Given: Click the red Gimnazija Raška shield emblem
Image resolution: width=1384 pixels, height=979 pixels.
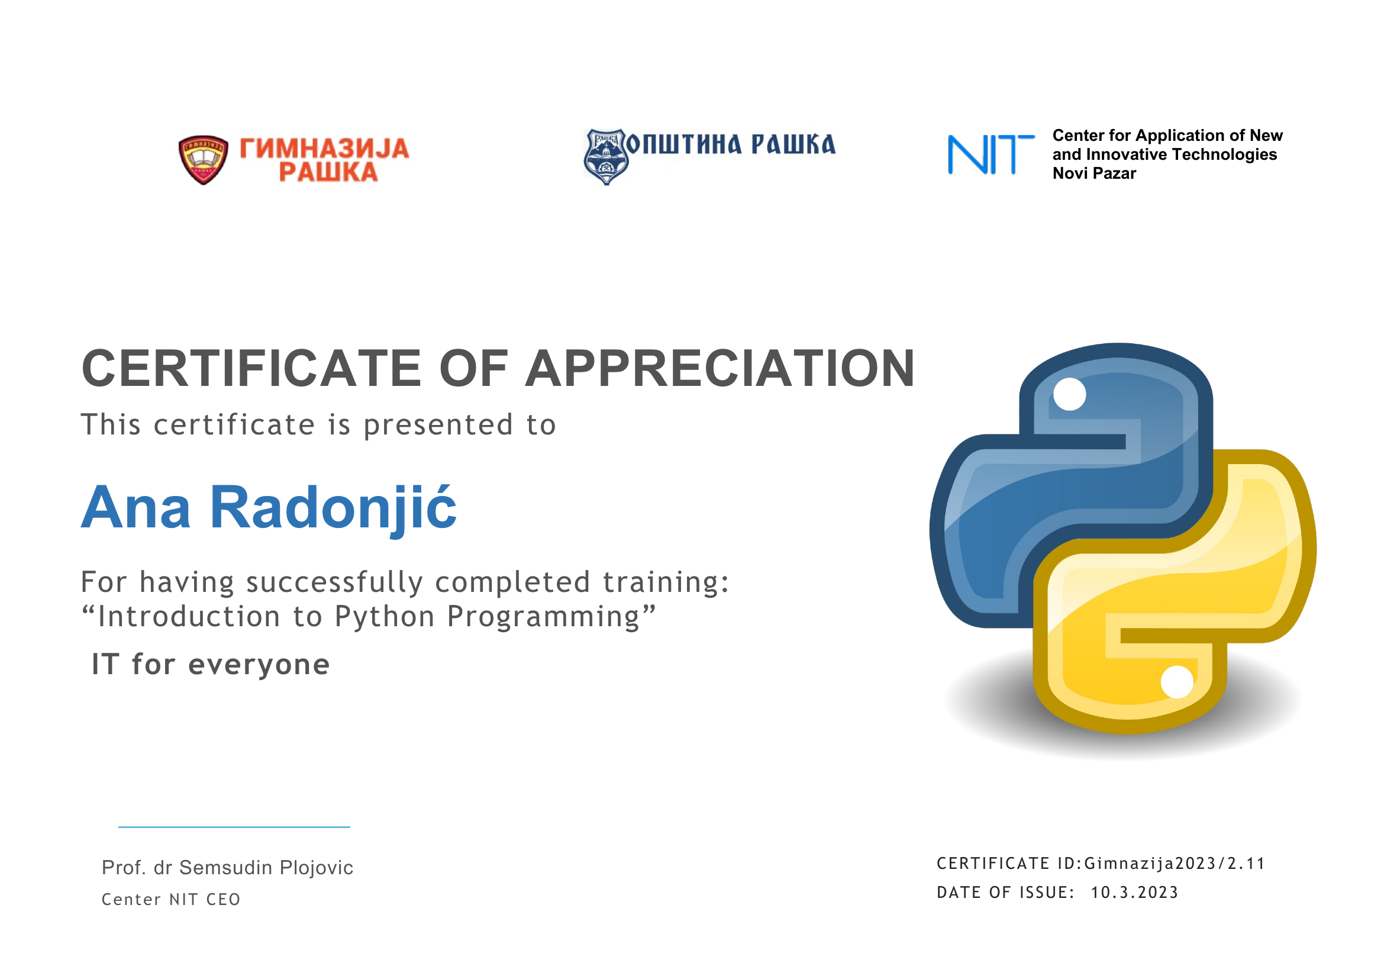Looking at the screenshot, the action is [x=203, y=160].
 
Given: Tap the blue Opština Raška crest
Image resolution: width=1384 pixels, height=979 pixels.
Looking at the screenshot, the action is [x=605, y=156].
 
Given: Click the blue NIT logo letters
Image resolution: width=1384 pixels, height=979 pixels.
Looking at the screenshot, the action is [x=991, y=154].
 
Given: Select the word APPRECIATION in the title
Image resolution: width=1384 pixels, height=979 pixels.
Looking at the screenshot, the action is [x=720, y=368].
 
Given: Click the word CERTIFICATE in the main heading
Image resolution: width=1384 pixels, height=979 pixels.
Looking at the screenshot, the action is [x=251, y=368].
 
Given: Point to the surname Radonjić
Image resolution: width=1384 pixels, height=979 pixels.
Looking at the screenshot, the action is [x=333, y=508].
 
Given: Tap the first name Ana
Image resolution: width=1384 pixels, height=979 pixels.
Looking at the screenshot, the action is [x=136, y=508].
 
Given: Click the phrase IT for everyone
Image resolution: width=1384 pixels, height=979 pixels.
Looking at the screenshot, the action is [x=211, y=664].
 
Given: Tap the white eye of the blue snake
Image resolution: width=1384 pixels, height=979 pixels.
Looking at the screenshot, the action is [x=1069, y=394].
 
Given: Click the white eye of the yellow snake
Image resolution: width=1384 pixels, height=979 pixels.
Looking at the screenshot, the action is [x=1177, y=682].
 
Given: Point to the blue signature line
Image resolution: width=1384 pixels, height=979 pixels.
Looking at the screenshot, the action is [x=234, y=827].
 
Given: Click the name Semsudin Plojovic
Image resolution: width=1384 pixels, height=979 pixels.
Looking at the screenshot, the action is [x=266, y=868].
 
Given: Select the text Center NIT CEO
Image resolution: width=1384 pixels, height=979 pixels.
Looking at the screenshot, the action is [x=171, y=900].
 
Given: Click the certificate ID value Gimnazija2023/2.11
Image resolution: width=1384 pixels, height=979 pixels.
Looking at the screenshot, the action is [x=1174, y=864].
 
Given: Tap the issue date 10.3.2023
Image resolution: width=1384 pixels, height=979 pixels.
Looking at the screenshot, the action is [x=1134, y=892].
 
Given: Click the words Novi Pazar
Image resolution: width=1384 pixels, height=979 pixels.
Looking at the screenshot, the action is [x=1094, y=173].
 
